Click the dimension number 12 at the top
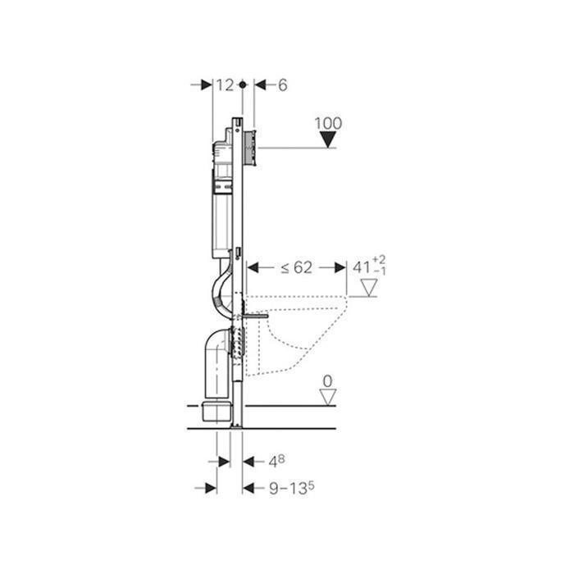225,85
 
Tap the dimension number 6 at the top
283,85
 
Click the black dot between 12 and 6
243,85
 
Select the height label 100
328,123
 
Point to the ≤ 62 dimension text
297,267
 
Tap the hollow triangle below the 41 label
369,287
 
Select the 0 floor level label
328,381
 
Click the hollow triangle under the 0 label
328,397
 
